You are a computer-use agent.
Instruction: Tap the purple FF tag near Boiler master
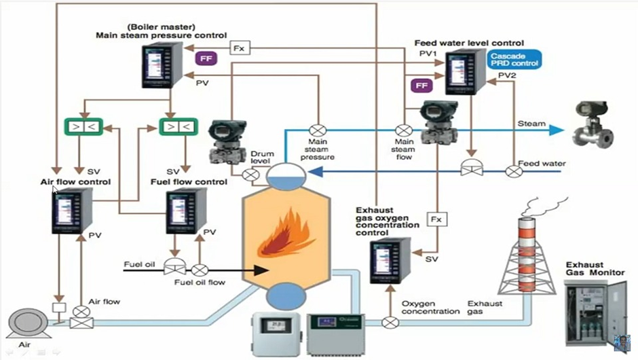[x=205, y=58]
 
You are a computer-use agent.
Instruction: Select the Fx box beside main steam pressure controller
[x=239, y=48]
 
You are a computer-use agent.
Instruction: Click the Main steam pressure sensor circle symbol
[x=316, y=130]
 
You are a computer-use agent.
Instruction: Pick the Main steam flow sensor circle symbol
[x=403, y=130]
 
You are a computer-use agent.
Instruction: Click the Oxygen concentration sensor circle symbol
[x=390, y=322]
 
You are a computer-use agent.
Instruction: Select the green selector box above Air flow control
[x=81, y=126]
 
